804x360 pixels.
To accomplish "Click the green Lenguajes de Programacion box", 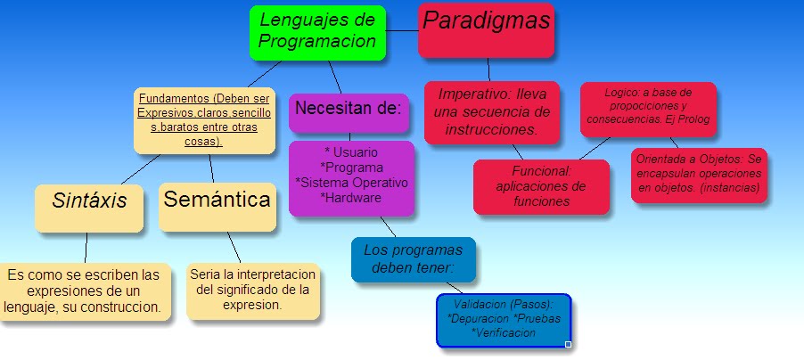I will [x=317, y=33].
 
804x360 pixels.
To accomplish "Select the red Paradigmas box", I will [x=487, y=29].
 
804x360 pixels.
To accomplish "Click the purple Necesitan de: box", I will [x=349, y=110].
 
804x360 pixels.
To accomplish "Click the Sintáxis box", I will [x=88, y=208].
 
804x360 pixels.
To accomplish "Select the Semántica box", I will [x=217, y=206].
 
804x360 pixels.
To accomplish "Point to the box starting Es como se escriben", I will [x=83, y=290].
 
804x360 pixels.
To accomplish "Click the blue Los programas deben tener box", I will [x=413, y=258].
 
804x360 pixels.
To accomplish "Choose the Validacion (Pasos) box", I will [x=504, y=319].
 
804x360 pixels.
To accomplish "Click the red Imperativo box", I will [x=491, y=111].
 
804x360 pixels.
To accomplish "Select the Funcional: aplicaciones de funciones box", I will [x=540, y=186].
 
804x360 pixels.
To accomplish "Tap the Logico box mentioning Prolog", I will [x=647, y=108].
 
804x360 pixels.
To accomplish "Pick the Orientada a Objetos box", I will [x=699, y=174].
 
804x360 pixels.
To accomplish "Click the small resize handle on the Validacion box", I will [x=568, y=344].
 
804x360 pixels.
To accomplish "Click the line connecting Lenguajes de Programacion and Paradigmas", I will [x=402, y=31].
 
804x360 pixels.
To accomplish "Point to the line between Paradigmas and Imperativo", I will [x=488, y=70].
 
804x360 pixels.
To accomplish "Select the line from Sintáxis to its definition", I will [x=86, y=248].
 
